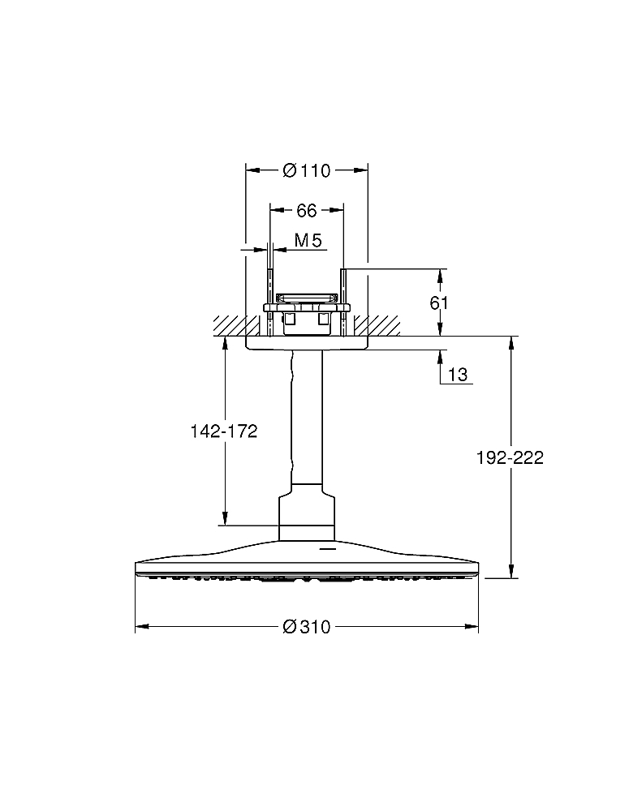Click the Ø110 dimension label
pos(307,170)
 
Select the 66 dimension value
pos(307,211)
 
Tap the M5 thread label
pos(308,241)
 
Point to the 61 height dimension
pos(439,303)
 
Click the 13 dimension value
pos(458,374)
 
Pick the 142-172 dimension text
pos(224,431)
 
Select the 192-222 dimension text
pos(510,457)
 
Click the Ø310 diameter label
pos(307,627)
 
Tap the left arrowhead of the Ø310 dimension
pos(142,627)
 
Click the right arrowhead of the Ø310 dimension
pos(472,627)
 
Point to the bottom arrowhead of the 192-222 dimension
pos(511,571)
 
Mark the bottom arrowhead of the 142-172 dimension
pos(225,519)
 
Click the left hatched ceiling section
pos(235,326)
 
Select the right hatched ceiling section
pos(377,326)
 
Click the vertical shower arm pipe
pos(307,417)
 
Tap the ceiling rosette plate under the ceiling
pos(307,343)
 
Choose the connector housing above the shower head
pos(307,512)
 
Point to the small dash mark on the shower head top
pos(327,547)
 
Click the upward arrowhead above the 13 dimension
pos(440,358)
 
